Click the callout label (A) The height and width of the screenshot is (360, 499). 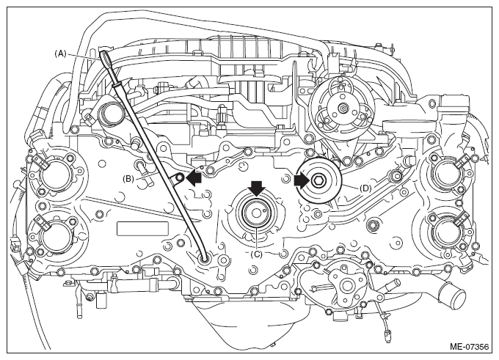(60, 54)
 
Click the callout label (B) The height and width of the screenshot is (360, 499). (128, 179)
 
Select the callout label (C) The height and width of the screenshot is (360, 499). (256, 254)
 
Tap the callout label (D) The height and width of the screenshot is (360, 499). (365, 188)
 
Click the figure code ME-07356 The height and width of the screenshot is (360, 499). (469, 346)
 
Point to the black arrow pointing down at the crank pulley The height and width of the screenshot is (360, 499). (257, 188)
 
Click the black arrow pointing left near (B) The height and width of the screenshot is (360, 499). (194, 178)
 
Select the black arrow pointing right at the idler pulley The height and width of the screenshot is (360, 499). (302, 180)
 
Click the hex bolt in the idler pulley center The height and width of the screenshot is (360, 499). (318, 181)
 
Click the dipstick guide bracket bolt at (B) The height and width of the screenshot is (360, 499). (180, 177)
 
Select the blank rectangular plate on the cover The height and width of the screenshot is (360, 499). (142, 229)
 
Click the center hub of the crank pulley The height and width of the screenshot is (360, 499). (256, 213)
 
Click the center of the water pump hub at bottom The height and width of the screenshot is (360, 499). (345, 286)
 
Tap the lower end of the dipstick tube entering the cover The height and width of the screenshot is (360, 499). (204, 260)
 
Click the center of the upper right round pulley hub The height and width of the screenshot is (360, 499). (341, 109)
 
